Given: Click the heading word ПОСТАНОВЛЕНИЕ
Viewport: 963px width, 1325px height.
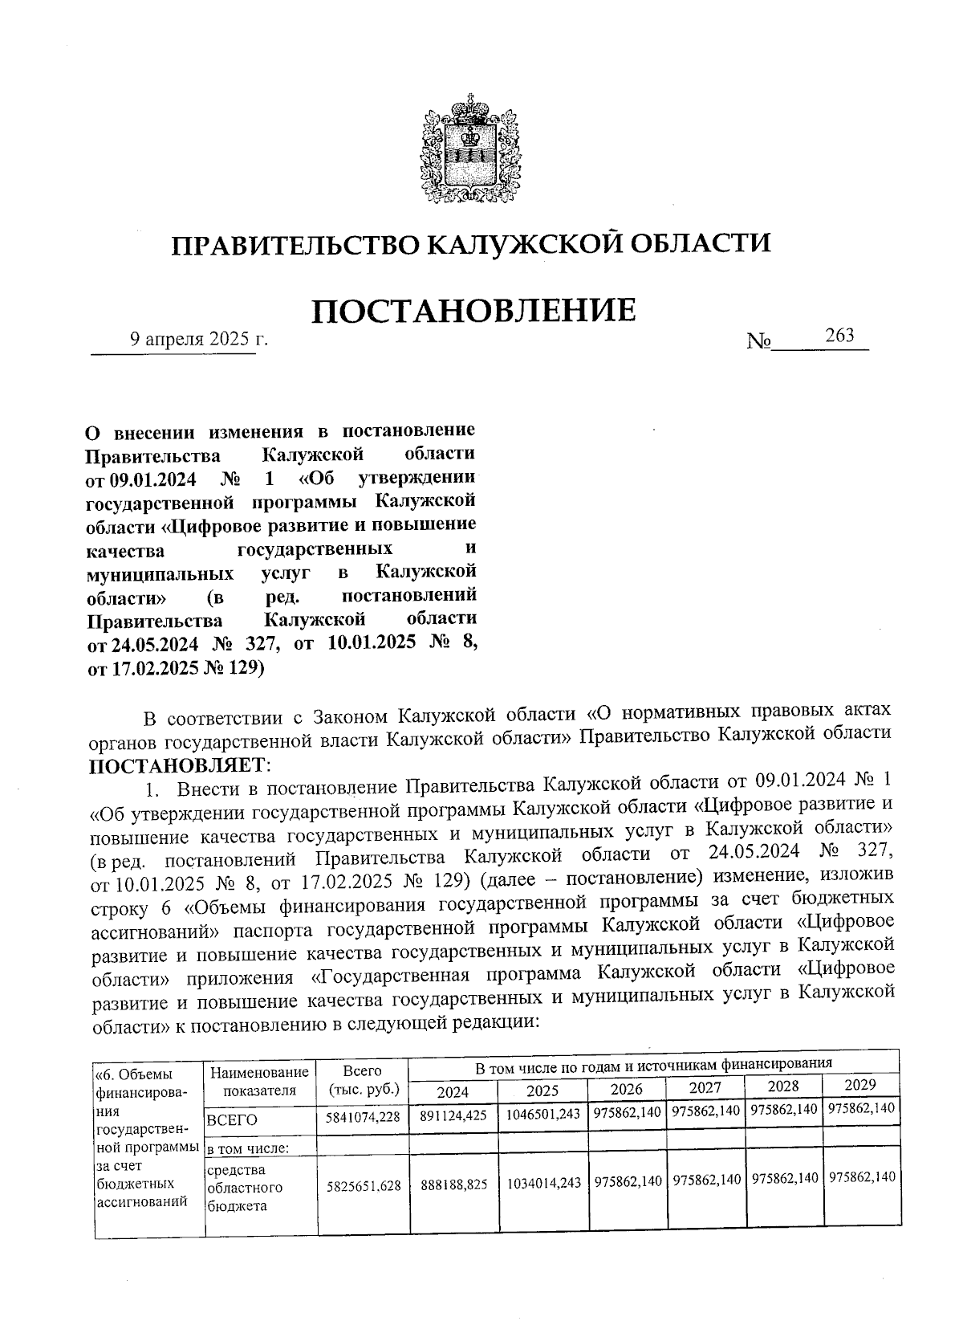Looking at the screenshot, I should pos(473,311).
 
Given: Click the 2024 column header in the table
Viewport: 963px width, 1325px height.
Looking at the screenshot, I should pos(452,1091).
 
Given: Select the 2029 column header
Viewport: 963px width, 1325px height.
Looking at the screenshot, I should pos(860,1085).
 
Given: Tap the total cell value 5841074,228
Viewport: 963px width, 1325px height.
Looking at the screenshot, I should pos(363,1116).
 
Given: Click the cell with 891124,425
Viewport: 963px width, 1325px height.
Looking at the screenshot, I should pos(453,1115).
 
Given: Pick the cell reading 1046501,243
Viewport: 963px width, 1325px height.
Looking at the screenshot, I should pos(543,1114).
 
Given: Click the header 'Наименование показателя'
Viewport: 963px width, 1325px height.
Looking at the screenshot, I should pos(259,1081).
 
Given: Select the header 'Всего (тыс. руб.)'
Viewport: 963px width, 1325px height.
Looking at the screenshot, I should pos(363,1080).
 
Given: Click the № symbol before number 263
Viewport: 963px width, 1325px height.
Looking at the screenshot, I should pos(758,341).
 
